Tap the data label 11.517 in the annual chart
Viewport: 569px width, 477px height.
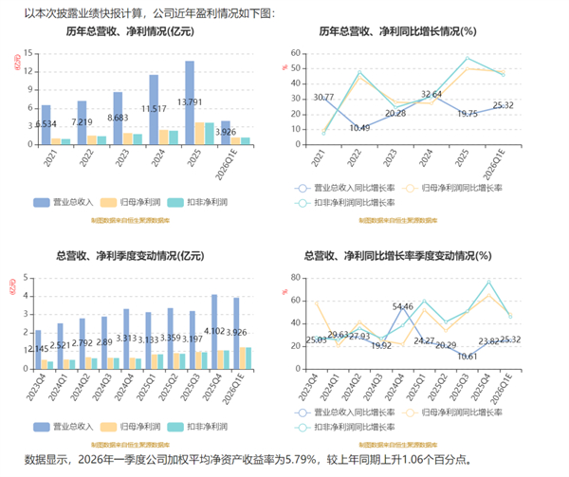[154, 109]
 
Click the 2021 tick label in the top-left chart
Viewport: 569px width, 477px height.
[46, 159]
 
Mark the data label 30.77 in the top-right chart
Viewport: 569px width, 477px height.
[323, 98]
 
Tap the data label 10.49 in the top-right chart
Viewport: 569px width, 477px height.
[359, 128]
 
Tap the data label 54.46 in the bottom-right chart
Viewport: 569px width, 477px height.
[402, 306]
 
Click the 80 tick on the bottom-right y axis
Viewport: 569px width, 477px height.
[296, 277]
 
